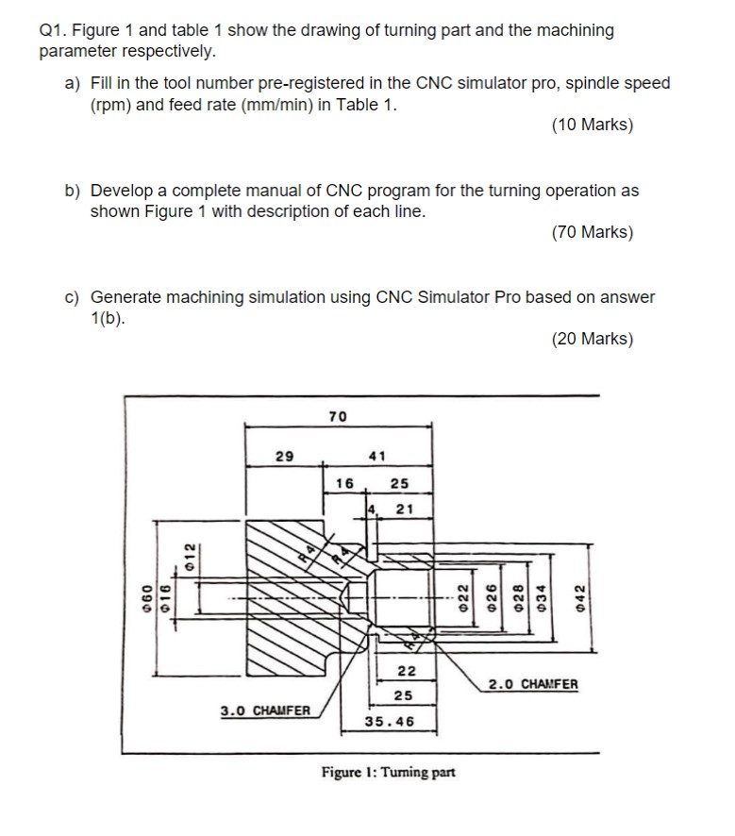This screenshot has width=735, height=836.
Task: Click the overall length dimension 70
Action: click(337, 416)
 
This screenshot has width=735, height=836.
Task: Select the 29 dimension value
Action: click(283, 456)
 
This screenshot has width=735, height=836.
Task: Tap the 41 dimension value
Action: click(376, 456)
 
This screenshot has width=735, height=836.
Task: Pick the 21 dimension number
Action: click(406, 510)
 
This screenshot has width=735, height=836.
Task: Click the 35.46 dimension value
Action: click(389, 721)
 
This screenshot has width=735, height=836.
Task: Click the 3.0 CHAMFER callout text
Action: click(264, 709)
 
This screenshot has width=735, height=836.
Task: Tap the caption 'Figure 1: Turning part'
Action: click(388, 772)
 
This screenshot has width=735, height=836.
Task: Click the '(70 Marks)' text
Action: click(593, 232)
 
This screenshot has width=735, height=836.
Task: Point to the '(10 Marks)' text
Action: click(593, 125)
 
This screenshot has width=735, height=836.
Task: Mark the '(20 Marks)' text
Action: click(593, 339)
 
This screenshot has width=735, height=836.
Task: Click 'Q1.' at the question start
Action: click(52, 30)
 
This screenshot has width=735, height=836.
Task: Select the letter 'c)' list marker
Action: click(73, 297)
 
